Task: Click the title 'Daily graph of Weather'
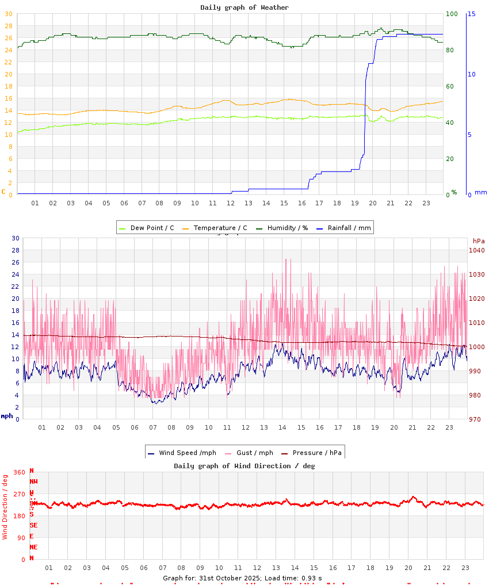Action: coord(244,7)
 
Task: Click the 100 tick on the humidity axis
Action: coord(452,14)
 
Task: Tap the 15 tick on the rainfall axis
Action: coord(471,14)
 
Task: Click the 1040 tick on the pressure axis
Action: coord(477,250)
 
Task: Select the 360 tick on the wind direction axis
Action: coord(19,472)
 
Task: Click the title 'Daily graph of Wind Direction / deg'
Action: coord(244,466)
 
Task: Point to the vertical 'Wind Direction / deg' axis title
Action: coord(5,507)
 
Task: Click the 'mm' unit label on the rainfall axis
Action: coord(480,192)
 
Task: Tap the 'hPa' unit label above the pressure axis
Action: coord(479,240)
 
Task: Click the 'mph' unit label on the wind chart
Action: coord(7,416)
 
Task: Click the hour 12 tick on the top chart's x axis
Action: coord(230,203)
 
